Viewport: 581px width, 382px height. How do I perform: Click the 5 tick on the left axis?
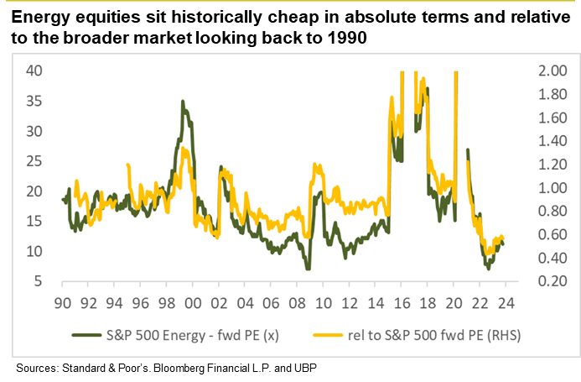(x=39, y=282)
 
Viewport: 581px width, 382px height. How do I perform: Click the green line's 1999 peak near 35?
(x=182, y=102)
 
